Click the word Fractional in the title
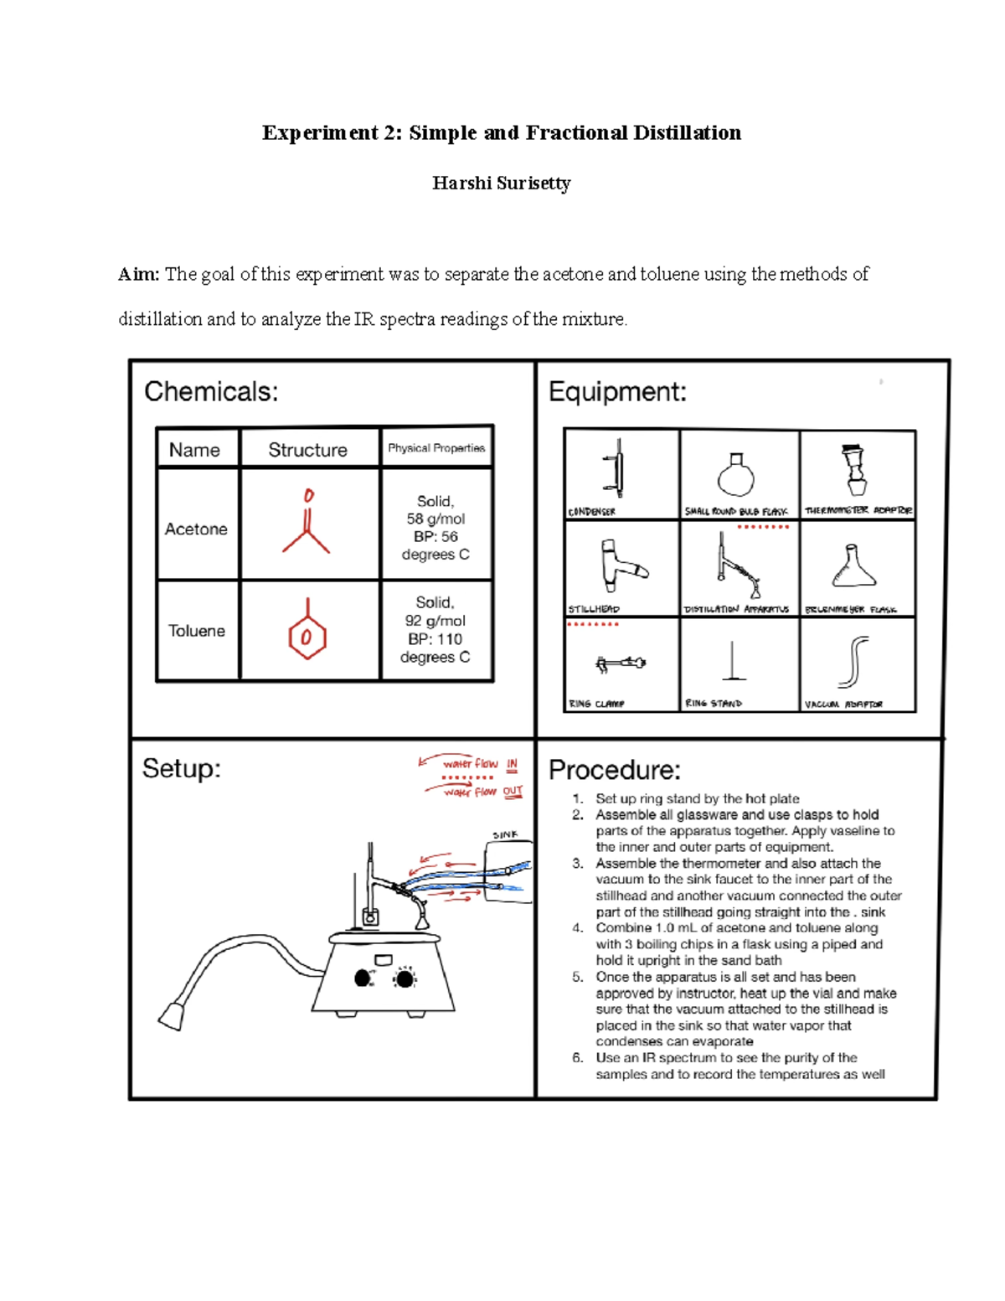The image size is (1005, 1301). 576,133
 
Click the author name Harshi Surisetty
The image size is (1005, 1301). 501,183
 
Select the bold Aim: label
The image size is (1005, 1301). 138,275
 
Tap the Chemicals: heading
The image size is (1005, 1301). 211,391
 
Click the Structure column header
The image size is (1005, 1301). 307,450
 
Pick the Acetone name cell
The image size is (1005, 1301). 196,529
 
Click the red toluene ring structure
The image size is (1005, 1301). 307,637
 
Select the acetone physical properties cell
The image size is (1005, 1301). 435,528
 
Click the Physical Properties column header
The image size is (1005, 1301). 435,448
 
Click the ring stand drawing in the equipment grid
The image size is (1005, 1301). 734,662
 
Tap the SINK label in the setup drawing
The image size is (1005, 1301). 505,835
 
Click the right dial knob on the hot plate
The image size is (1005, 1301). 405,978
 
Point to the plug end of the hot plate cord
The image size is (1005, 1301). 172,1015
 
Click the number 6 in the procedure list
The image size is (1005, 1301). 578,1058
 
